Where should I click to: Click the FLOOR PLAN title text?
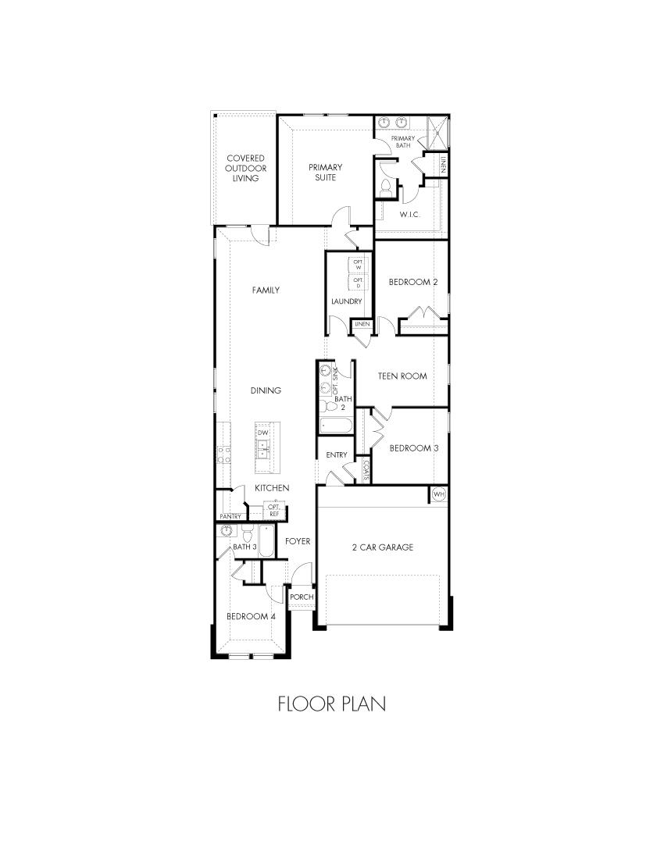pos(332,704)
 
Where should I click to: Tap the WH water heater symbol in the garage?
pos(438,494)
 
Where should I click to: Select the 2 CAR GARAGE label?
pos(382,547)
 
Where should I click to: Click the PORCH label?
pos(302,597)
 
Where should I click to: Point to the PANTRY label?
pos(230,516)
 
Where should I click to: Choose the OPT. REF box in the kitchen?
pos(274,511)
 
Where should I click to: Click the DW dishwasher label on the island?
pos(263,432)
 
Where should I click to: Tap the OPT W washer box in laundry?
pos(359,265)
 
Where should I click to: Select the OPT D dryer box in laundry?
pos(359,282)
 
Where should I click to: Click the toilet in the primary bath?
pos(386,187)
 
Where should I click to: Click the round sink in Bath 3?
pos(227,531)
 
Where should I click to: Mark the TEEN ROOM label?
pos(402,376)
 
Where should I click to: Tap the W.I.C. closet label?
pos(411,213)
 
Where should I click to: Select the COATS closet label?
pos(366,468)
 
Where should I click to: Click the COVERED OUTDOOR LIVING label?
pos(245,168)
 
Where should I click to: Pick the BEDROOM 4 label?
pos(251,616)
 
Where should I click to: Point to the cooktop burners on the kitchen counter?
pos(224,454)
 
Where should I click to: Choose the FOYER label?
pos(298,540)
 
